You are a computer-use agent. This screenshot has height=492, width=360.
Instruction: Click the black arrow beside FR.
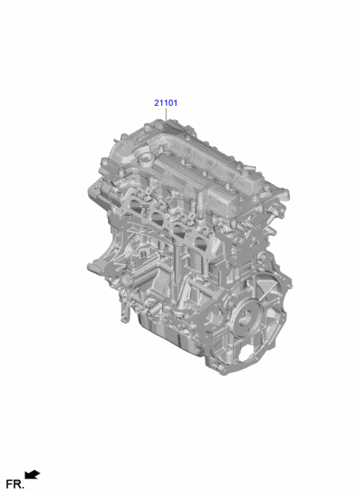[x=32, y=474]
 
